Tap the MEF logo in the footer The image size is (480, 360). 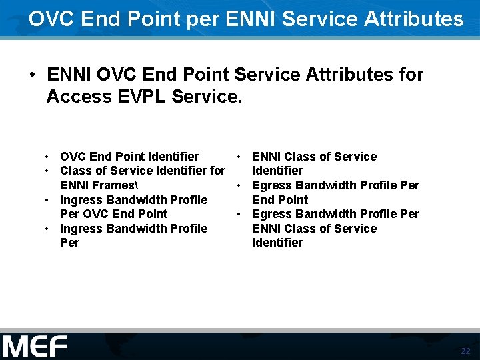35,347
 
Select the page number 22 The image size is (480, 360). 465,351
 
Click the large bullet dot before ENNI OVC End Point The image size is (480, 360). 33,75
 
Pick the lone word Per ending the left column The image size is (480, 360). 69,243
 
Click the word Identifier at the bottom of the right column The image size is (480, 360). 277,243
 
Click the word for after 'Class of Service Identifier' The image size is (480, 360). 217,171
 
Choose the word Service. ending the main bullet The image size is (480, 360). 207,97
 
